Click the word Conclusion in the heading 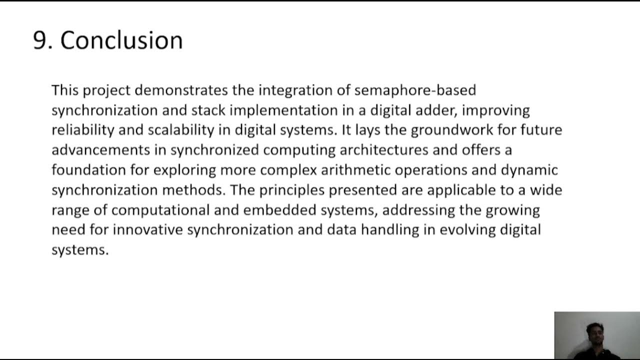click(x=121, y=40)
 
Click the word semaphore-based click(x=415, y=90)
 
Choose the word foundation click(x=88, y=170)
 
